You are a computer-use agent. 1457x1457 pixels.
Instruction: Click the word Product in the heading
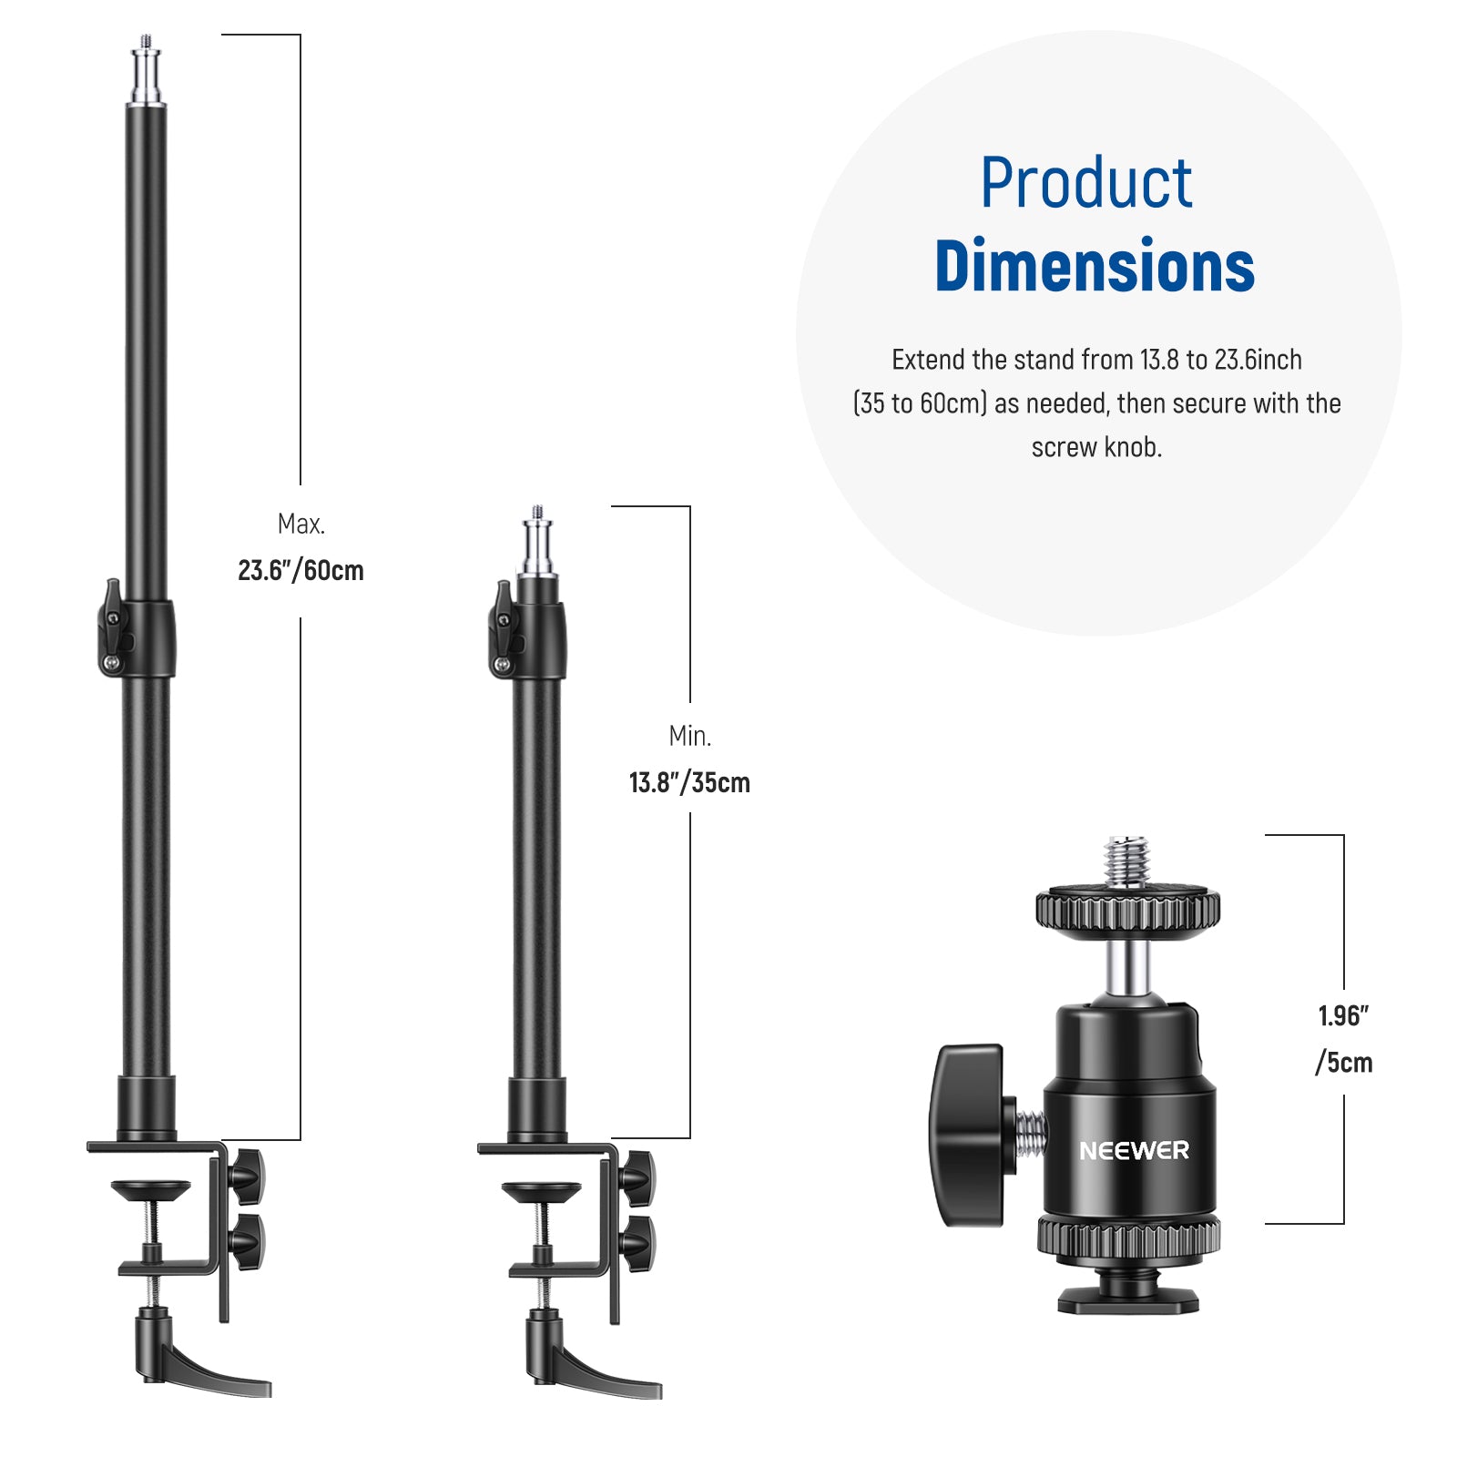pyautogui.click(x=1085, y=184)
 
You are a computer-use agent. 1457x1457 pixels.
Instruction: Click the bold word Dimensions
pyautogui.click(x=1095, y=267)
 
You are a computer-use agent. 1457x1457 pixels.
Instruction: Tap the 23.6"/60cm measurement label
pyautogui.click(x=301, y=571)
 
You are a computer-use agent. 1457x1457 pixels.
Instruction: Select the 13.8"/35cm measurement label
pyautogui.click(x=689, y=783)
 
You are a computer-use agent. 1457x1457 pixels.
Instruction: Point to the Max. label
pyautogui.click(x=301, y=525)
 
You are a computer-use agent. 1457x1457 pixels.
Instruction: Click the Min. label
pyautogui.click(x=689, y=736)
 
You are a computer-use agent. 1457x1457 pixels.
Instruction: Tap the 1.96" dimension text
pyautogui.click(x=1343, y=1016)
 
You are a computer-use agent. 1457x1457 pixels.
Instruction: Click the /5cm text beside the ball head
pyautogui.click(x=1343, y=1063)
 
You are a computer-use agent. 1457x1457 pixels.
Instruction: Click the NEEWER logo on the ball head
pyautogui.click(x=1134, y=1151)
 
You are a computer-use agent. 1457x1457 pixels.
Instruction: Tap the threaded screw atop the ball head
pyautogui.click(x=1127, y=861)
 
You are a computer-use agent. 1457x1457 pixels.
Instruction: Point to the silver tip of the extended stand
pyautogui.click(x=146, y=73)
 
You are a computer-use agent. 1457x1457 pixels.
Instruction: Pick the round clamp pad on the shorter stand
pyautogui.click(x=541, y=1190)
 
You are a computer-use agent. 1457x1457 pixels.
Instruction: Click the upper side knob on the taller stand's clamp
pyautogui.click(x=246, y=1176)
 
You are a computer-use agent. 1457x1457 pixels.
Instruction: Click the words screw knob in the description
pyautogui.click(x=1096, y=448)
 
